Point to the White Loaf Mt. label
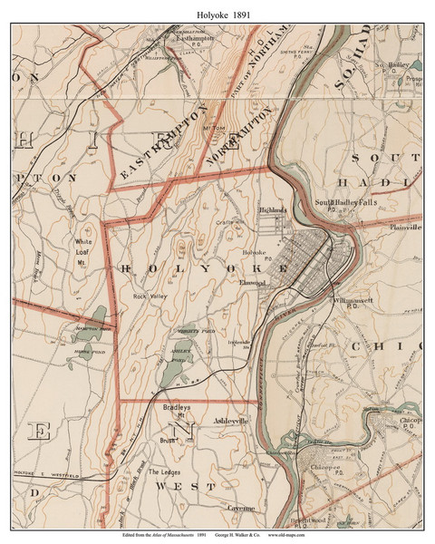click(84, 247)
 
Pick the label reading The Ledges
click(166, 472)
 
